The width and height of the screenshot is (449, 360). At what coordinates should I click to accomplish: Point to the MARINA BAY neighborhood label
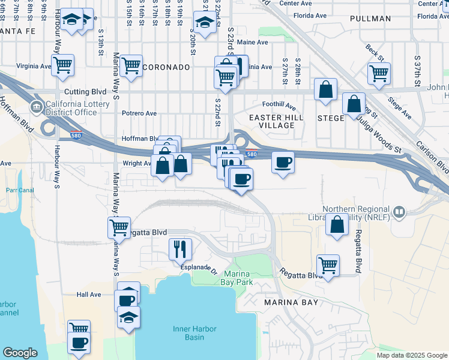[291, 302]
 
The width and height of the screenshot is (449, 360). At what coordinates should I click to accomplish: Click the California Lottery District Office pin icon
[37, 109]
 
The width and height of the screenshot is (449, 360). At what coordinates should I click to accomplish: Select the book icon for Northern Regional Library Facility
[398, 212]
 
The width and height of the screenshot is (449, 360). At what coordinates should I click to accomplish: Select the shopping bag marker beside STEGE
[354, 103]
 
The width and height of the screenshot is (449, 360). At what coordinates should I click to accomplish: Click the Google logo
[20, 353]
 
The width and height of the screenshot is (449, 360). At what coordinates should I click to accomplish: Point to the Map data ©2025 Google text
[412, 355]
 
